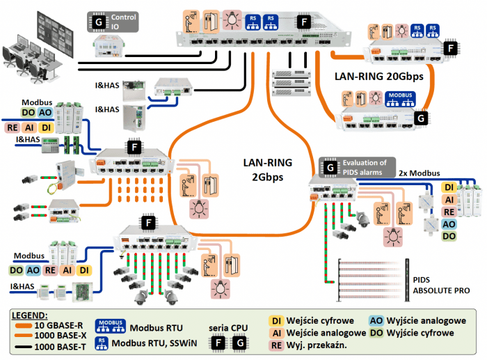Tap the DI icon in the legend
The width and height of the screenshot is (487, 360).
tap(276, 320)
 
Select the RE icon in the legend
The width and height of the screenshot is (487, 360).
tap(276, 345)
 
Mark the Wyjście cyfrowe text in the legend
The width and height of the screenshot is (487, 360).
tap(425, 333)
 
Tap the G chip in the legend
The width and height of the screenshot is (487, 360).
tap(238, 343)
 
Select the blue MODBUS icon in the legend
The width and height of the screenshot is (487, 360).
tap(108, 325)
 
